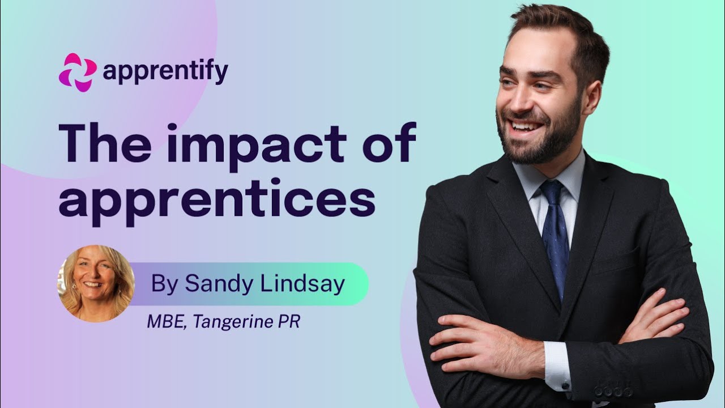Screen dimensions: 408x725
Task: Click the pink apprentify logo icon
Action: (78, 72)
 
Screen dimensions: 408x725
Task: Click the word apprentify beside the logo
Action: (165, 72)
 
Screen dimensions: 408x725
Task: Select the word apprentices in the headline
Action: (217, 202)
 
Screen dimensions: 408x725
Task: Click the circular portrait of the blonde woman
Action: (96, 283)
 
